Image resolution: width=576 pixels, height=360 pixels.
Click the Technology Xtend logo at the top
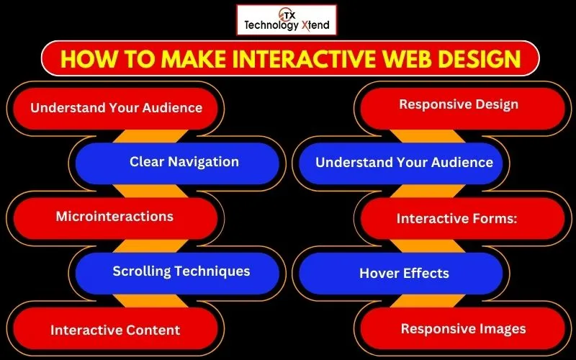coord(286,19)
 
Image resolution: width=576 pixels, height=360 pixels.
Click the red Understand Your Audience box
coord(116,108)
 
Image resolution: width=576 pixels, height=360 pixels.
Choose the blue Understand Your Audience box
coord(404,163)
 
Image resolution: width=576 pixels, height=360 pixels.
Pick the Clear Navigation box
coord(184,162)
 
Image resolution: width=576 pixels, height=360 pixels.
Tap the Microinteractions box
coord(114,217)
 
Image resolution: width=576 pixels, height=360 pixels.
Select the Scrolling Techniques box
coord(181,271)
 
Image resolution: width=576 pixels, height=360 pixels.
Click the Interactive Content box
coord(115,330)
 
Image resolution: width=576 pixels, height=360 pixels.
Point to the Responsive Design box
coord(459,105)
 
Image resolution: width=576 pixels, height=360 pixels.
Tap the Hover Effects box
coord(404,274)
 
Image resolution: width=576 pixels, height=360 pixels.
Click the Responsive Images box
coord(463,329)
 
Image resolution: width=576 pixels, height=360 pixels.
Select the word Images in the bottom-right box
coord(504,329)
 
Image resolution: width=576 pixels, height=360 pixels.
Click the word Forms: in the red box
coord(494,218)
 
